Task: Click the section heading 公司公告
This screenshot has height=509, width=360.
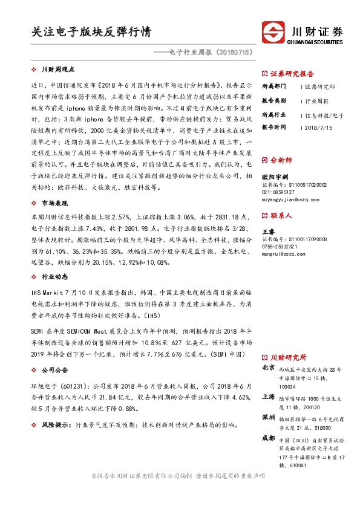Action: click(x=54, y=369)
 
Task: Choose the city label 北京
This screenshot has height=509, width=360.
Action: click(x=268, y=368)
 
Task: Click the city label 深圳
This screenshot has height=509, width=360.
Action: click(x=268, y=418)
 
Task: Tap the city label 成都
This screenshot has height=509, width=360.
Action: click(x=268, y=438)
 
